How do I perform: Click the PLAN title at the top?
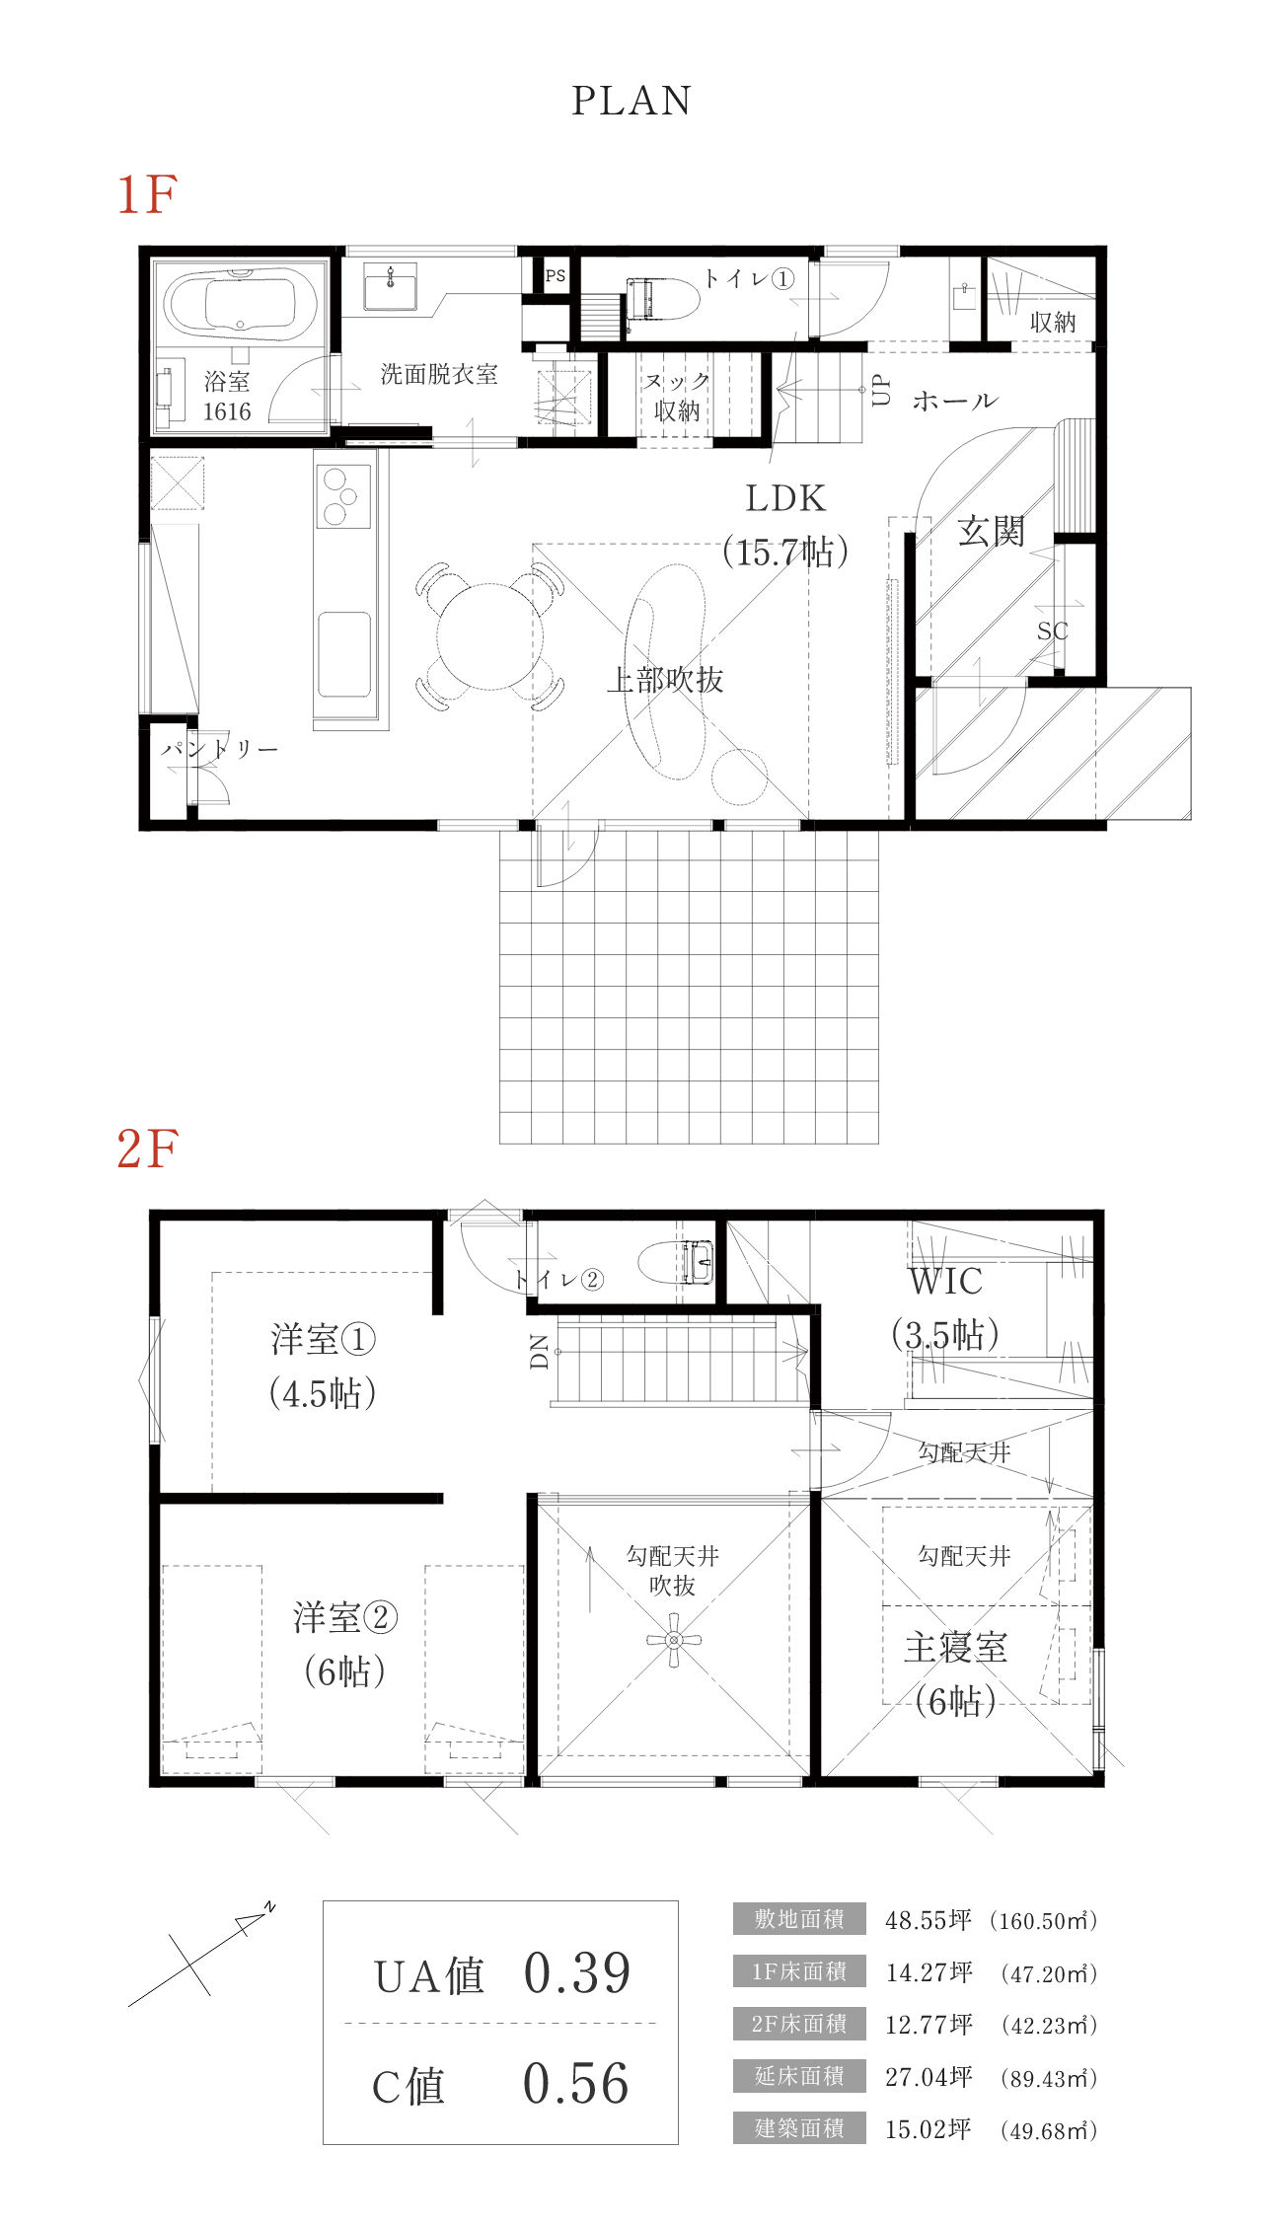631,101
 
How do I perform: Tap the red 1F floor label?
147,194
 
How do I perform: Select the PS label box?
556,276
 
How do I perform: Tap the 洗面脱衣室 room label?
439,374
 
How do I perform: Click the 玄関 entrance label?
991,532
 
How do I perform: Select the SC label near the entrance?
1052,631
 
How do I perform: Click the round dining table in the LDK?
488,636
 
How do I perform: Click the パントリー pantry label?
220,749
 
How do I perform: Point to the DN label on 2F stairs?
539,1351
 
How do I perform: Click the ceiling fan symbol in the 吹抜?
674,1640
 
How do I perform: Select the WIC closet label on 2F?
945,1282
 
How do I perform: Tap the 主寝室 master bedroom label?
955,1648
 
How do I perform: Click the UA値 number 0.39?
576,1974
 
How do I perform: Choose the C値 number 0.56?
575,2085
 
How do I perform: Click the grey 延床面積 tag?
799,2076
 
